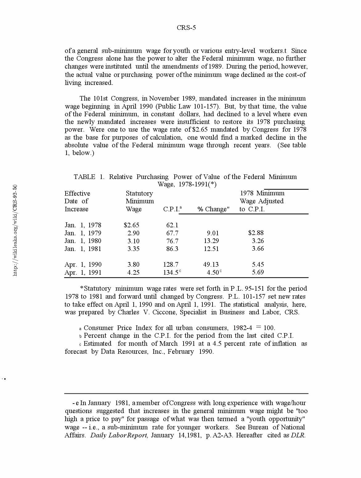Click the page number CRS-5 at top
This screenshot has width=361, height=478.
[x=186, y=28]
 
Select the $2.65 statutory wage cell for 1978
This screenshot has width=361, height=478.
[x=132, y=225]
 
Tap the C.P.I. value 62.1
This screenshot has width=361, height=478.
[x=172, y=225]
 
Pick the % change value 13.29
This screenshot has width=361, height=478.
[x=211, y=241]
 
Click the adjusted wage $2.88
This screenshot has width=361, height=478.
[x=256, y=233]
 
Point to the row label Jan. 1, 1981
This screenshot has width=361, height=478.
[x=83, y=249]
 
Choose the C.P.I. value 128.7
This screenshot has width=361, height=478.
[x=171, y=265]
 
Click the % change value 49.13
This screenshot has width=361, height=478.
[x=211, y=265]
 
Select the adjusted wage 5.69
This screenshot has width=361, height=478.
[x=258, y=272]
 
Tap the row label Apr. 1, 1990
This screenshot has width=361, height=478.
[x=83, y=265]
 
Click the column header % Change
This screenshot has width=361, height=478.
[x=213, y=209]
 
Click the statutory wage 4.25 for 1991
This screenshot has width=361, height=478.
[x=133, y=273]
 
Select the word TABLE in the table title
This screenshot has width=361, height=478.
[x=84, y=177]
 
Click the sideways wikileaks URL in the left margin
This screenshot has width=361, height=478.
[x=15, y=230]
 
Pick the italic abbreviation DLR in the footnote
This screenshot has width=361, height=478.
[x=298, y=435]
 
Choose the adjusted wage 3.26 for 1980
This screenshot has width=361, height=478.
[x=258, y=241]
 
